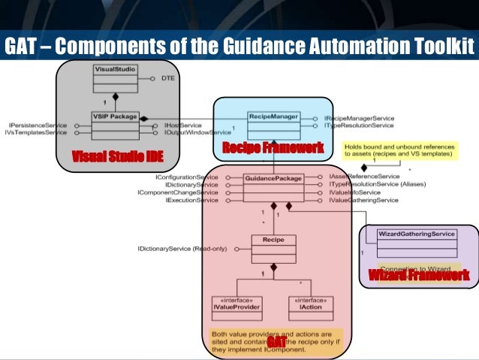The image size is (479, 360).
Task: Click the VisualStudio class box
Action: pos(114,77)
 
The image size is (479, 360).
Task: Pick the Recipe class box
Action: pos(273,247)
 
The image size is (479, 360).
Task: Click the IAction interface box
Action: pos(310,304)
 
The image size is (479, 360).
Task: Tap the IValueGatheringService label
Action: pos(363,200)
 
